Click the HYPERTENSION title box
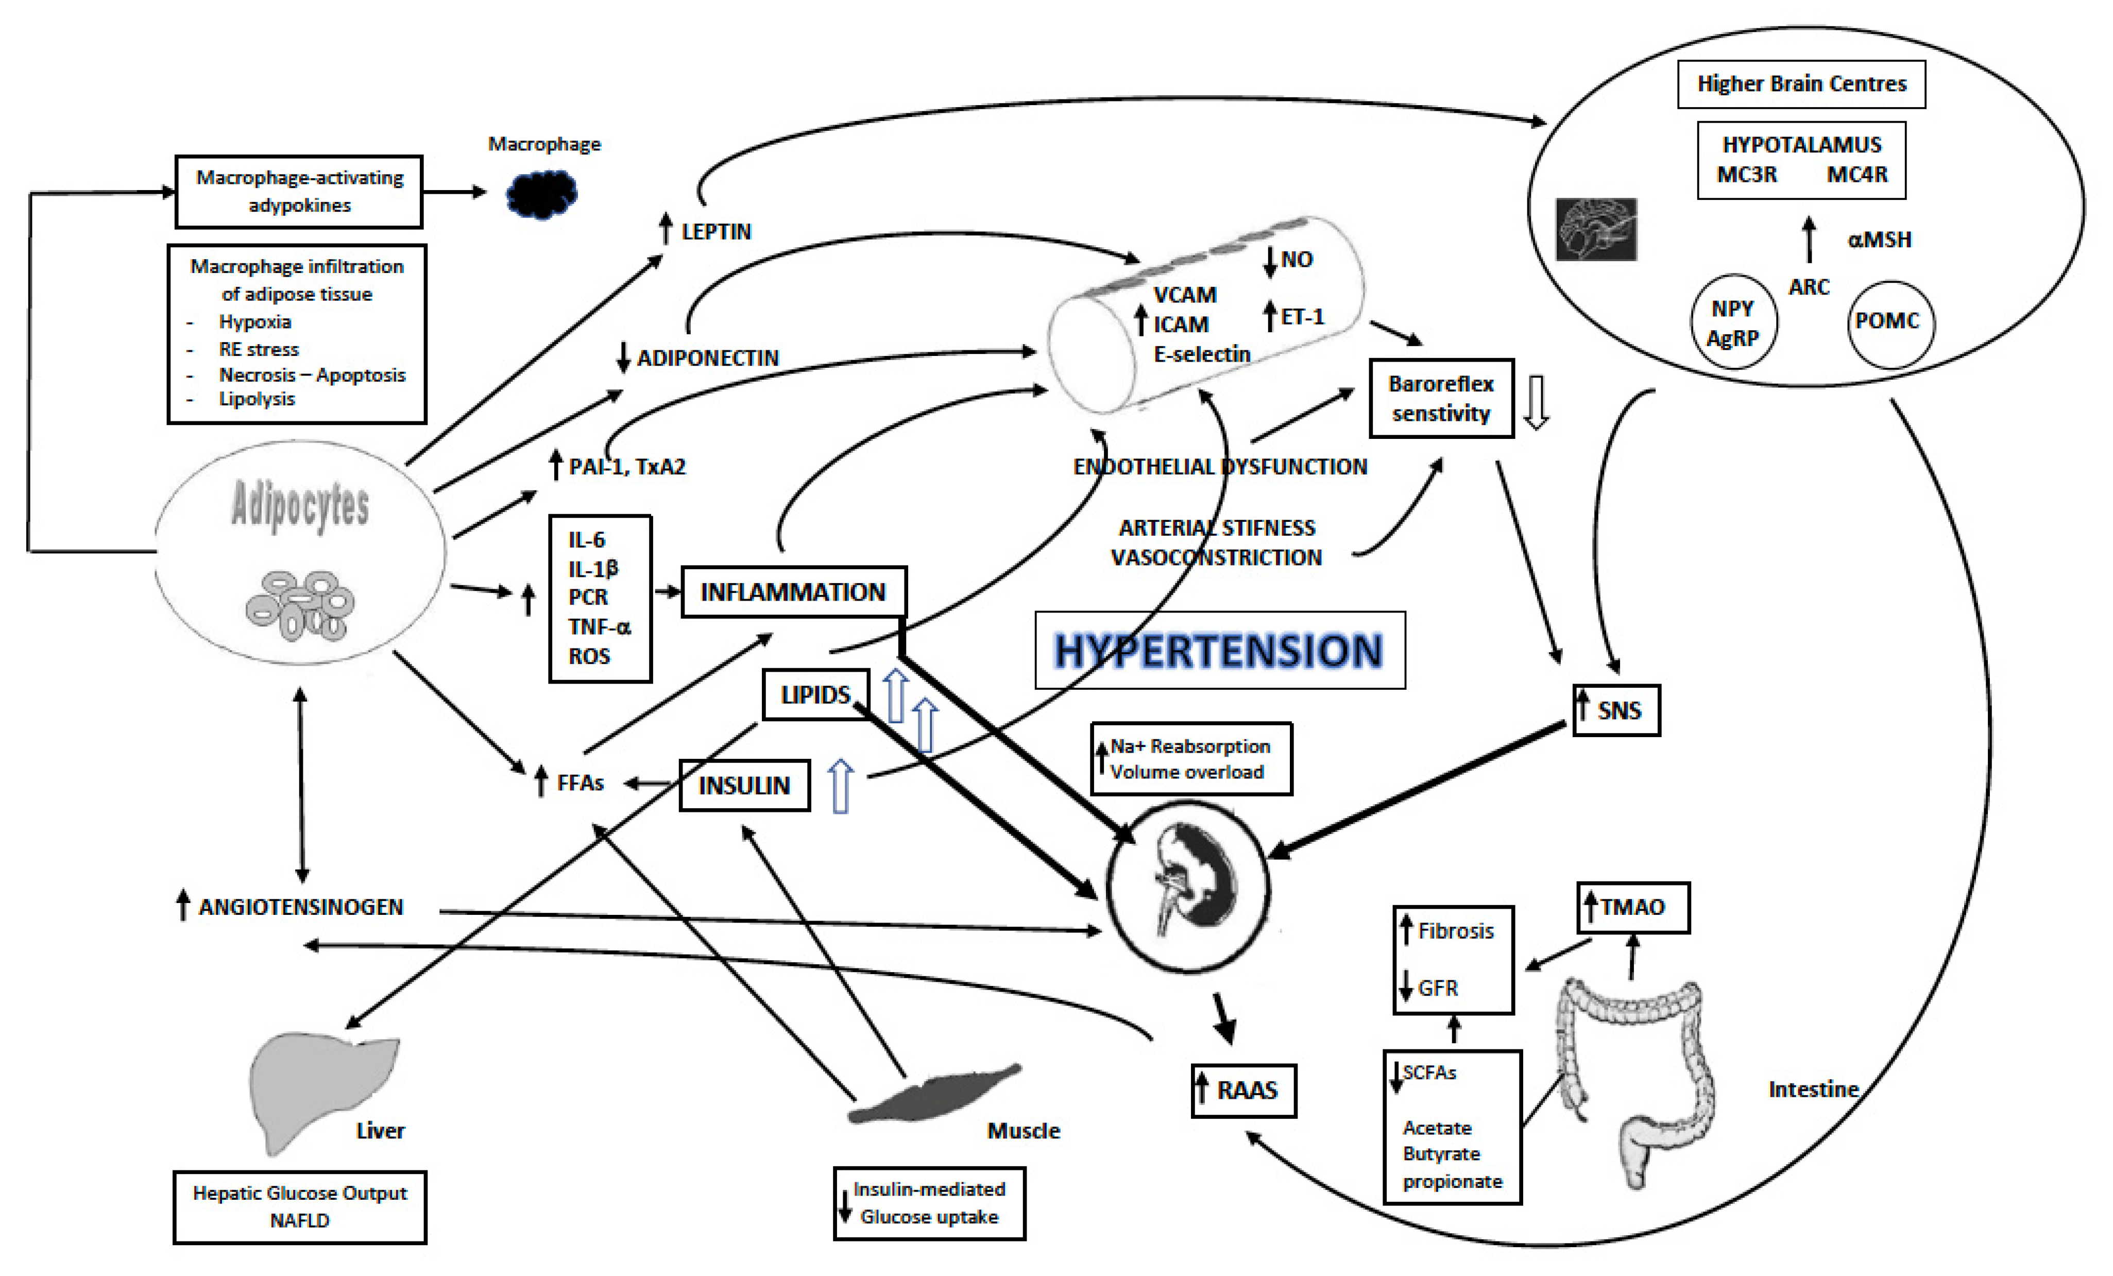coord(1219,650)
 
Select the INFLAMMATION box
coord(793,592)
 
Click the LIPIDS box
coord(815,694)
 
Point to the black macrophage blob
coord(542,194)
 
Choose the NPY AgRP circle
coord(1733,322)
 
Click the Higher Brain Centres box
coord(1801,84)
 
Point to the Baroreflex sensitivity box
coord(1441,399)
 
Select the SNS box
coord(1616,710)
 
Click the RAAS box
coord(1243,1091)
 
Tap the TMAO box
coord(1633,907)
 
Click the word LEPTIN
coord(716,231)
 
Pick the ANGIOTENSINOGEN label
coord(300,907)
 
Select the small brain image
coord(1596,229)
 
